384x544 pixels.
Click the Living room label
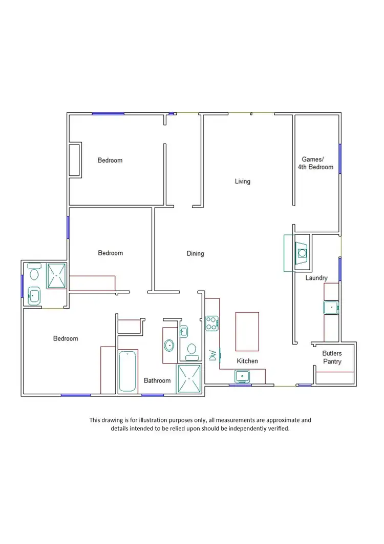click(242, 182)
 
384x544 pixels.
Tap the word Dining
click(195, 253)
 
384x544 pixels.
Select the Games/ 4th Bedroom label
click(315, 163)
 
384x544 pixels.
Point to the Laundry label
click(316, 278)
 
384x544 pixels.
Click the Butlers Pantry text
click(332, 357)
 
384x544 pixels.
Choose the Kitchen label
click(247, 361)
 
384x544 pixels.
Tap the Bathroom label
click(157, 380)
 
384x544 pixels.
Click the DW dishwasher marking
click(212, 354)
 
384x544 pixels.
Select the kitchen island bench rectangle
click(247, 331)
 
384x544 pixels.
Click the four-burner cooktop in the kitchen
click(211, 323)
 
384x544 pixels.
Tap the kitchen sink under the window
click(242, 377)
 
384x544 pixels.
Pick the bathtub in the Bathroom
click(127, 371)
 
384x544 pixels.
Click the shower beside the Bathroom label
click(189, 378)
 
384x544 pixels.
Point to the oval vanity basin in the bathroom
click(169, 346)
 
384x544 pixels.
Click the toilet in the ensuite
click(35, 271)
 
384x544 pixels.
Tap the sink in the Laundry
click(331, 308)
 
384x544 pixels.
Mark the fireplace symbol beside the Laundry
click(302, 252)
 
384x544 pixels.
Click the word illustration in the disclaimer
click(149, 420)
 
